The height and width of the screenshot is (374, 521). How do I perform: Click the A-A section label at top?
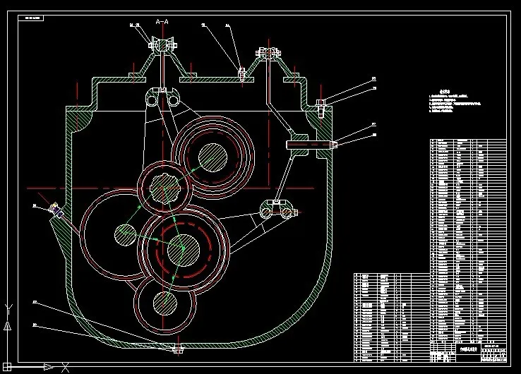[x=162, y=22]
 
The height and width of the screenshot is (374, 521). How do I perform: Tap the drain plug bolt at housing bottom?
[x=177, y=349]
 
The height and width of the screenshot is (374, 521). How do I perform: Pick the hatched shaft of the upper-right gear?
[x=212, y=156]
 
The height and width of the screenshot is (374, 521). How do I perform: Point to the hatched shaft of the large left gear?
[x=126, y=235]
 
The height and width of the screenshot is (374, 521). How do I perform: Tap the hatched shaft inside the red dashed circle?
[x=183, y=247]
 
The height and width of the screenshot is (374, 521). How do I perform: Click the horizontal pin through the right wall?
[x=311, y=144]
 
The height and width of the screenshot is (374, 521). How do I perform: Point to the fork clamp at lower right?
[x=275, y=210]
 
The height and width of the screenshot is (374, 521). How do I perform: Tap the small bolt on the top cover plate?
[x=241, y=73]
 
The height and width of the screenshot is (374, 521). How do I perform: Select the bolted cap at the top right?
[x=270, y=52]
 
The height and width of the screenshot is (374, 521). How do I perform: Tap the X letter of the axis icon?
[x=66, y=367]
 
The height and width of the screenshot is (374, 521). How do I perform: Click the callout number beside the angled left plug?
[x=34, y=205]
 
